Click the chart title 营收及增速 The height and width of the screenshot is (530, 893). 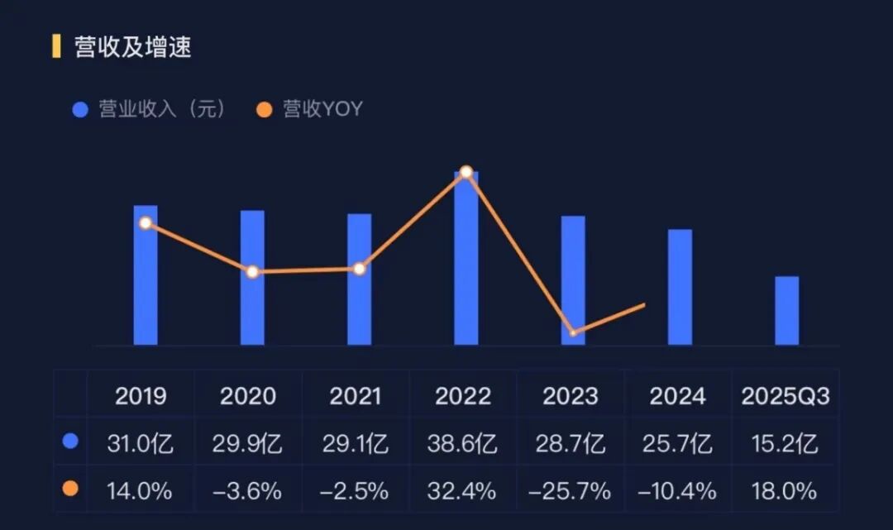click(132, 47)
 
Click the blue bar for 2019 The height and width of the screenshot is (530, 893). click(146, 281)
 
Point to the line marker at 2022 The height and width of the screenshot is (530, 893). click(466, 172)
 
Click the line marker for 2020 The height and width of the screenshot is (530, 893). click(253, 272)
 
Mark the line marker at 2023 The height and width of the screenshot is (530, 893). click(573, 333)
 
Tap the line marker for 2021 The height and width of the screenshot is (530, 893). click(360, 269)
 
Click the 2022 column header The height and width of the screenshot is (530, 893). click(463, 396)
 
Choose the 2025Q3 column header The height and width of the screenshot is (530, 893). click(785, 396)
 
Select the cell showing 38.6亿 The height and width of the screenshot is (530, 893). click(463, 444)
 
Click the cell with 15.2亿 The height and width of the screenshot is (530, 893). click(785, 444)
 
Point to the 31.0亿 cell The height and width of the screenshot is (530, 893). click(140, 444)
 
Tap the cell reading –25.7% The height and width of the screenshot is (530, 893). click(571, 491)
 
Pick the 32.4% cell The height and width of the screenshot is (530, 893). click(463, 491)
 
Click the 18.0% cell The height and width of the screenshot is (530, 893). click(785, 491)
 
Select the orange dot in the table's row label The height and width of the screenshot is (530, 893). click(71, 489)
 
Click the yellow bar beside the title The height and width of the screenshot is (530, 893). click(56, 46)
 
